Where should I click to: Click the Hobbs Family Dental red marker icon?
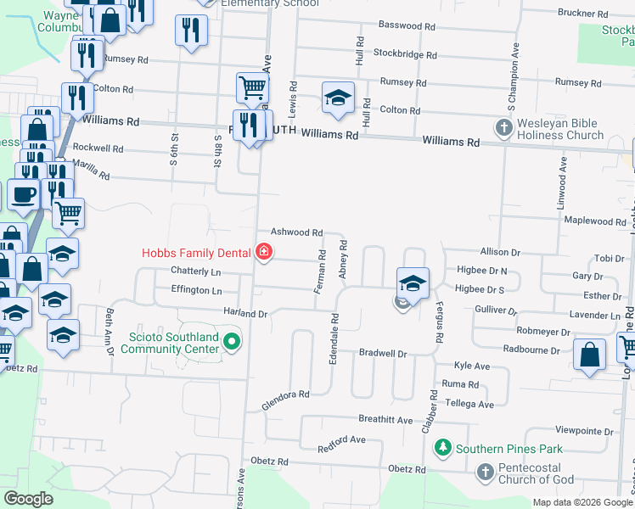pos(263,251)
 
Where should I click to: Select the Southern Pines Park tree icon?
pos(442,447)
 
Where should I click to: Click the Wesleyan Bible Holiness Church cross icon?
pos(503,128)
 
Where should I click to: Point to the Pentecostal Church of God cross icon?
pos(484,472)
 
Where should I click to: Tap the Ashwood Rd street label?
pos(296,232)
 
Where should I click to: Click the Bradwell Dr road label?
pos(383,352)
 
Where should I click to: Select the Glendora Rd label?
pos(285,400)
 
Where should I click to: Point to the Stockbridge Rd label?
pos(405,55)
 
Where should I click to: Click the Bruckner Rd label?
pos(583,14)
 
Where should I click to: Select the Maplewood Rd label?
pos(594,221)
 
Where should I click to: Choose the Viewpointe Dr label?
pos(584,432)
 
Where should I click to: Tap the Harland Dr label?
pos(245,313)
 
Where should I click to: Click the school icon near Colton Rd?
pos(338,98)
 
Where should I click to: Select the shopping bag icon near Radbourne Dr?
pos(589,355)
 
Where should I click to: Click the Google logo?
pos(28,499)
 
